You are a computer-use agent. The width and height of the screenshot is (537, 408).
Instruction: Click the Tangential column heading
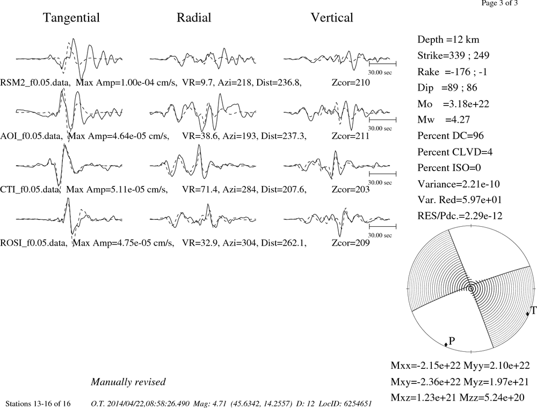click(x=71, y=18)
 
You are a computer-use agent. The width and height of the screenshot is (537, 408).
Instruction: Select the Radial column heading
click(x=194, y=18)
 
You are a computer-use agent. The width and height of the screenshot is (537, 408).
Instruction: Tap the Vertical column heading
click(x=332, y=18)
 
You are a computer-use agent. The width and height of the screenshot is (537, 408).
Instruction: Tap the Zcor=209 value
click(x=351, y=243)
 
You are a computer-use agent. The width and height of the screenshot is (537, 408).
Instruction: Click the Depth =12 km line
click(x=448, y=40)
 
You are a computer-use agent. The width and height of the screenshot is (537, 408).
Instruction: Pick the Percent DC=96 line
click(x=451, y=136)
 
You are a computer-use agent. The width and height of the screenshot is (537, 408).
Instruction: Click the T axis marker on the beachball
click(x=528, y=314)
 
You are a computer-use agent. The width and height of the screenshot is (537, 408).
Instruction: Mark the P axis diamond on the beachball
click(x=446, y=344)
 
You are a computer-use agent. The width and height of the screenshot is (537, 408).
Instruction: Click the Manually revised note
click(x=128, y=382)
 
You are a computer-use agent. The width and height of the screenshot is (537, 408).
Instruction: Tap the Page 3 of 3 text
click(x=499, y=3)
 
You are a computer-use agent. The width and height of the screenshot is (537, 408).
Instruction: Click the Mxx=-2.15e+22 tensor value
click(x=426, y=365)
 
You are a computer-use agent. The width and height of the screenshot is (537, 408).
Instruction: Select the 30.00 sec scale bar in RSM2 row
click(x=382, y=64)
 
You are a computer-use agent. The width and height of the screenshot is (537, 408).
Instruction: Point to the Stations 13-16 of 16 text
click(x=38, y=404)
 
